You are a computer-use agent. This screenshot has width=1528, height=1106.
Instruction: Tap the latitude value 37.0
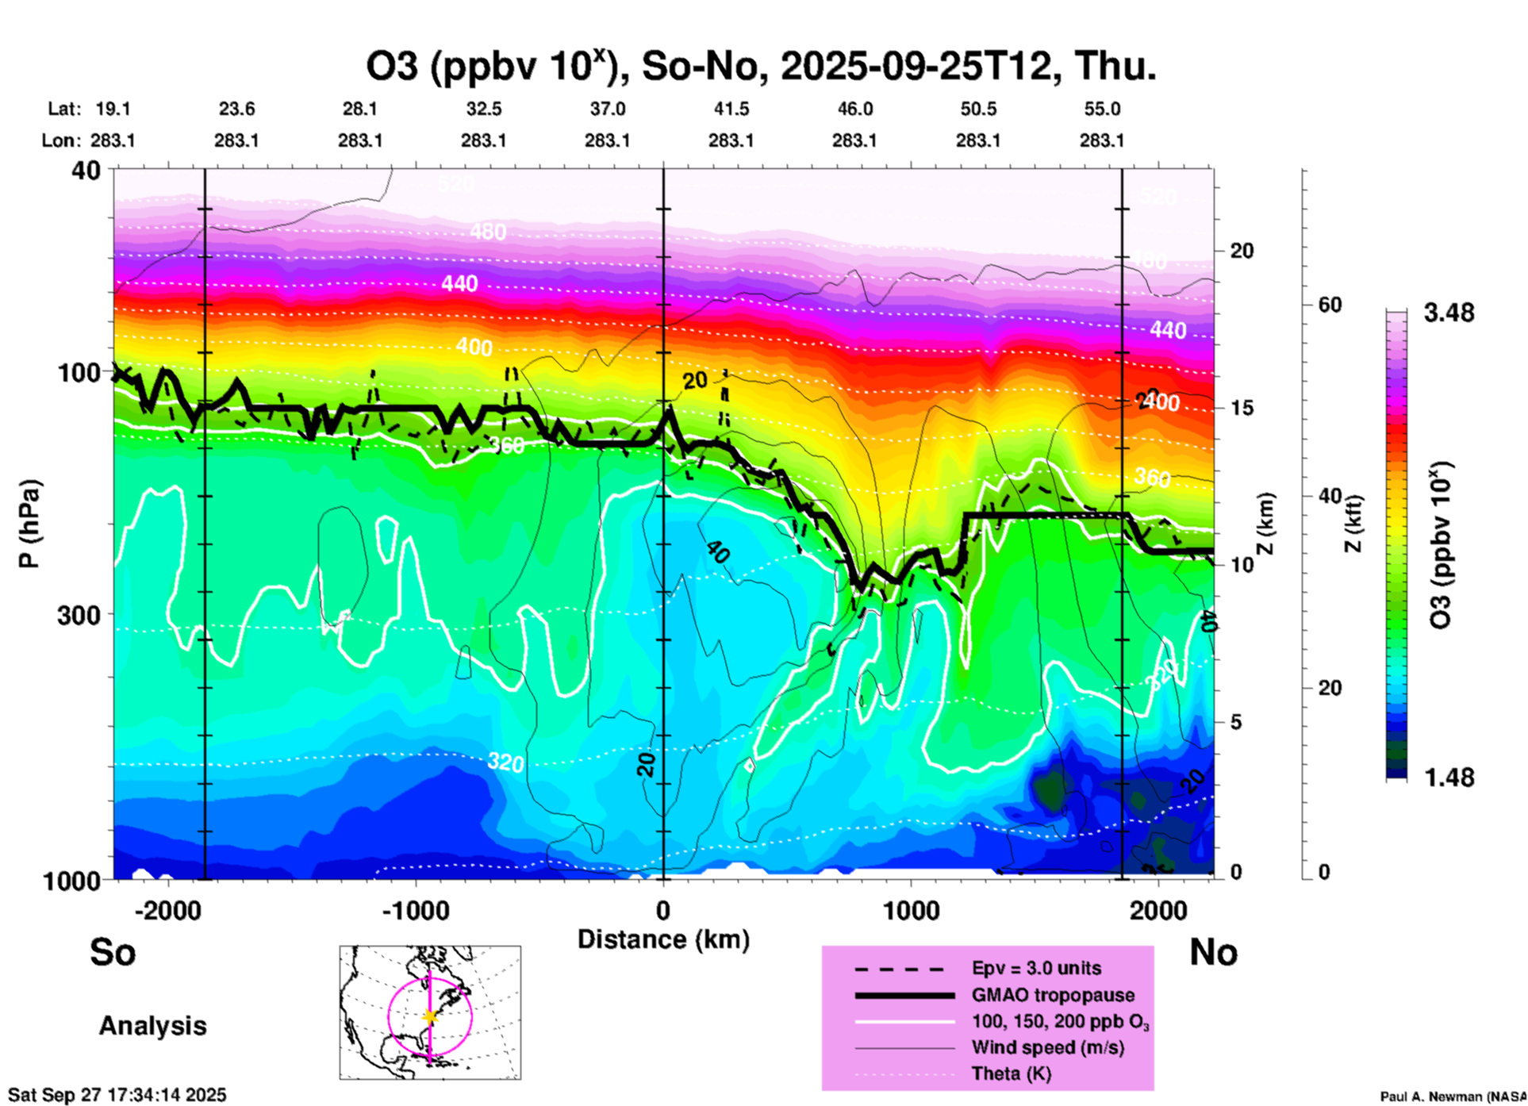(607, 109)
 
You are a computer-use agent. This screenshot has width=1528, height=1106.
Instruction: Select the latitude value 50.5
(977, 109)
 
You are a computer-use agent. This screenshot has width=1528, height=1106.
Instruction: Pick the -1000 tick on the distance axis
(415, 910)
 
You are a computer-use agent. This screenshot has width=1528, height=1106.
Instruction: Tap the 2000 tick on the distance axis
(1158, 910)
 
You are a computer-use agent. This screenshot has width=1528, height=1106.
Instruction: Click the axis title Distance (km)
(663, 939)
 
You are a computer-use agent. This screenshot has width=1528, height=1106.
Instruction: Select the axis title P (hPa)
(29, 524)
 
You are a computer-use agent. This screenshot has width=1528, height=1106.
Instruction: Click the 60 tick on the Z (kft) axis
(1330, 305)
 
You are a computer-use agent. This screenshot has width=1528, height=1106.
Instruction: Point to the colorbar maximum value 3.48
(1449, 313)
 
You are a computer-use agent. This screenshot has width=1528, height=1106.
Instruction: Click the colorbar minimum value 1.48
(1449, 778)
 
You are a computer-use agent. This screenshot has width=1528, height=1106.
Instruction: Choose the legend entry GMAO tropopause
(1053, 995)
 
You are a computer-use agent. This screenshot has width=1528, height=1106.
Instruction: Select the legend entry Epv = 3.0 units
(1036, 968)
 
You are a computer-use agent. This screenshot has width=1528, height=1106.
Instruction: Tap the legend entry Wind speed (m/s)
(1047, 1047)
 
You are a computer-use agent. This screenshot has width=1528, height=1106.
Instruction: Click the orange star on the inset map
(430, 1016)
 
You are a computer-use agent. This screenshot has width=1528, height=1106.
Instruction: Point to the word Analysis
(152, 1026)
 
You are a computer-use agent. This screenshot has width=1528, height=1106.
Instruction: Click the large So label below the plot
(113, 952)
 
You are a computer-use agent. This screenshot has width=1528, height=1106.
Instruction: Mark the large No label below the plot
(1213, 952)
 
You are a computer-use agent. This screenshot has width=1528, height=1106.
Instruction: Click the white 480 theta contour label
(487, 232)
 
